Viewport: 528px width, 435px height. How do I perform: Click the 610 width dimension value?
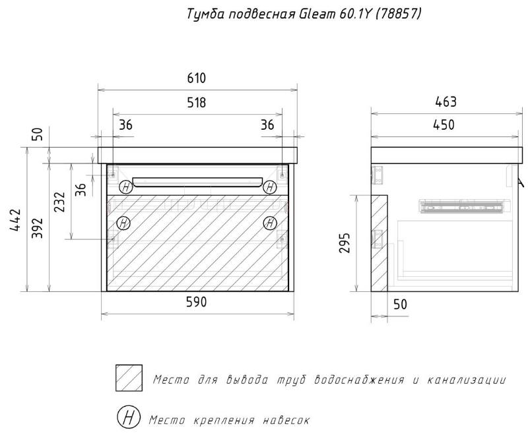click(x=196, y=78)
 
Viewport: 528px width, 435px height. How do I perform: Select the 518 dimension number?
click(x=196, y=103)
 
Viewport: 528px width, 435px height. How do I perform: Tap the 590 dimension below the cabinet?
click(x=196, y=302)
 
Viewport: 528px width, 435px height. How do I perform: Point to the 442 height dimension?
click(x=16, y=220)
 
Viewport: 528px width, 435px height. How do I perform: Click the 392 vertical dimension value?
click(x=38, y=228)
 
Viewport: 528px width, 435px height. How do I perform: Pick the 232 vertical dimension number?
click(x=59, y=202)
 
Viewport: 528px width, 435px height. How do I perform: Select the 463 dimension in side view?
click(x=446, y=101)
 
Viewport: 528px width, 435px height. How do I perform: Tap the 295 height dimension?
click(x=345, y=243)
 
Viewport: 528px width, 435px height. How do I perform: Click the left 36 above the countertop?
click(x=125, y=125)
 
